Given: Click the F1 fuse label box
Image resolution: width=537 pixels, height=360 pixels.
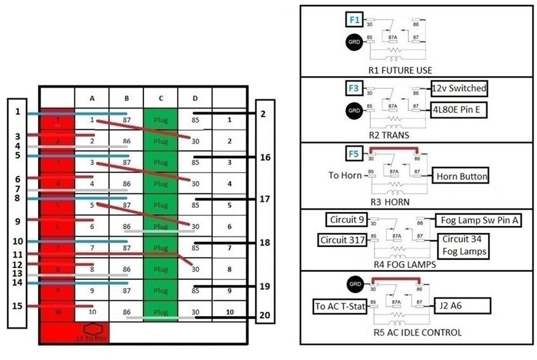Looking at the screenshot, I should [x=354, y=20].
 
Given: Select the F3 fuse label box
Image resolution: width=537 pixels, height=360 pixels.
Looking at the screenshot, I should [x=354, y=87].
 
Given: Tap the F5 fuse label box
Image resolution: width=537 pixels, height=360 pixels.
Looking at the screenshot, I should [x=354, y=153].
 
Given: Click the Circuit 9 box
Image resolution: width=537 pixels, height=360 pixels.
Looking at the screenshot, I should [x=346, y=220].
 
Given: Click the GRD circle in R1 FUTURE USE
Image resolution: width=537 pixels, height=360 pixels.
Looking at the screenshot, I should [x=354, y=43].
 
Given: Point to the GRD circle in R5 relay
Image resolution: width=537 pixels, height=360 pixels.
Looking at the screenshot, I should [x=354, y=284].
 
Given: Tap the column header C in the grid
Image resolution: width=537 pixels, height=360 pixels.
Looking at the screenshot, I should [x=161, y=98].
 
